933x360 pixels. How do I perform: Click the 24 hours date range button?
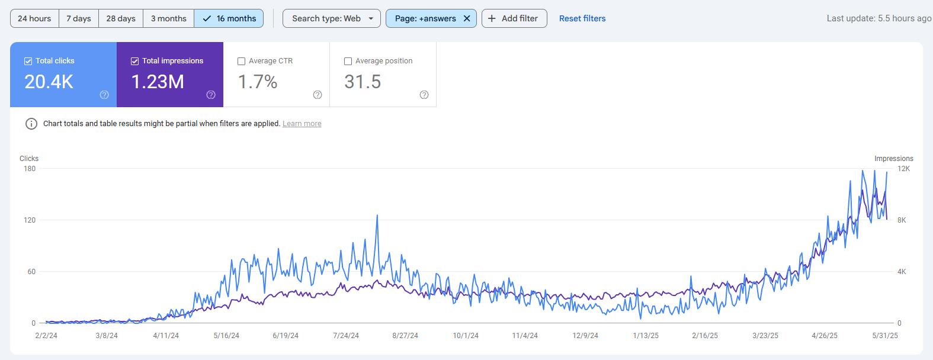[x=34, y=18]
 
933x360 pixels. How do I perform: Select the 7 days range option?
[x=78, y=18]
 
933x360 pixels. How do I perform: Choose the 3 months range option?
[x=168, y=18]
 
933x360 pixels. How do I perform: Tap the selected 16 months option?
[x=229, y=18]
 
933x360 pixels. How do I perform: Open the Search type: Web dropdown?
[x=331, y=18]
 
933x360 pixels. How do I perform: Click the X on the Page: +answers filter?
[x=467, y=18]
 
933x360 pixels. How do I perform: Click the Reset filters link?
[x=582, y=18]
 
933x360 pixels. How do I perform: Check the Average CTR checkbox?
[x=241, y=61]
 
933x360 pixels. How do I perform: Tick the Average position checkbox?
[x=348, y=61]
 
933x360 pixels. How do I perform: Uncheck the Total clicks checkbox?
[x=28, y=61]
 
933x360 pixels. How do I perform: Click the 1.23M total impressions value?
[x=158, y=82]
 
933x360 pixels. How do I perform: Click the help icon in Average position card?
[x=424, y=95]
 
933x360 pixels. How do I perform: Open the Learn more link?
[x=302, y=124]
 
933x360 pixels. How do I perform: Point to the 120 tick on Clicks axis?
[x=29, y=220]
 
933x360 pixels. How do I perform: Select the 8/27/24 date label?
[x=405, y=336]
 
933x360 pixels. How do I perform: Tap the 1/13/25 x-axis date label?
[x=645, y=336]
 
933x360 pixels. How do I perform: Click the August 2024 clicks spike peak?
[x=377, y=216]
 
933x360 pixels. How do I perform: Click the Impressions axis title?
[x=893, y=159]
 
